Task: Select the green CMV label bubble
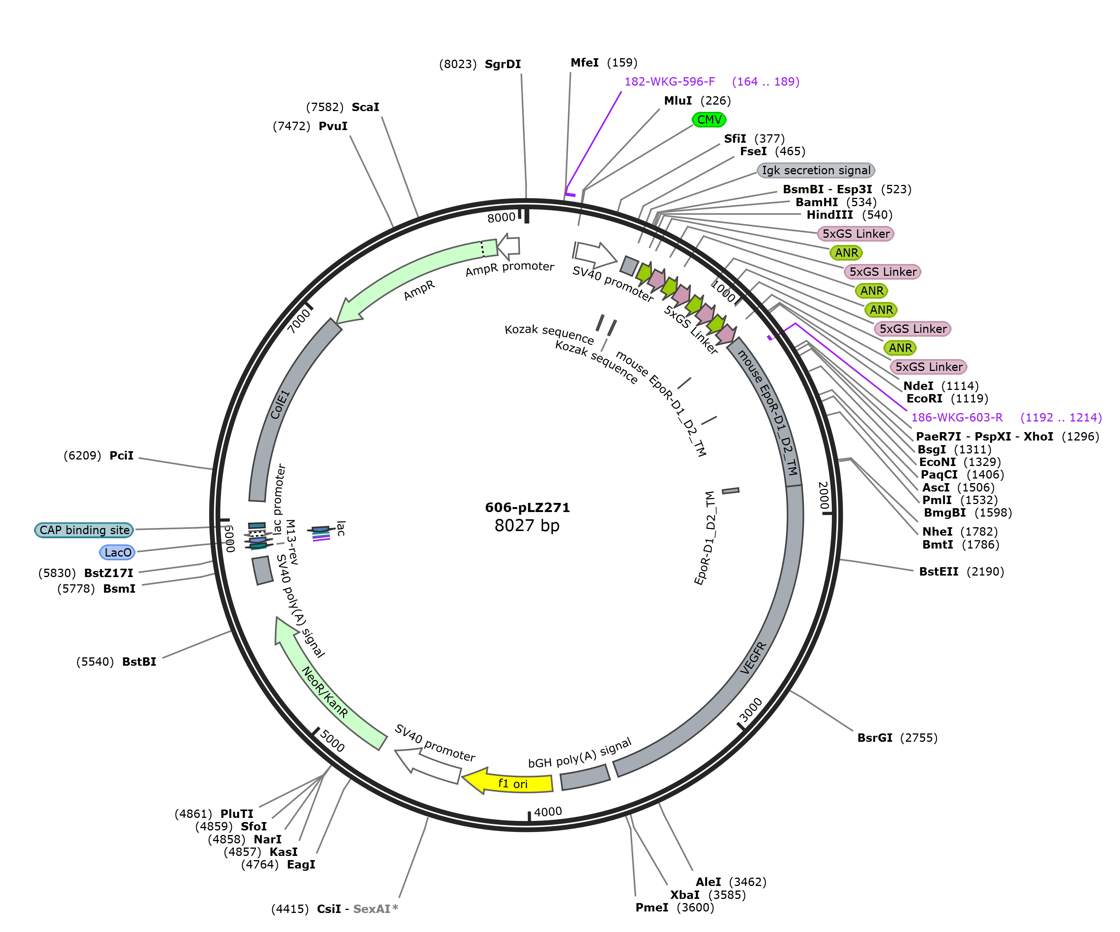[709, 119]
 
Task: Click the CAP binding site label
[84, 530]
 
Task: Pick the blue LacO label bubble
[118, 552]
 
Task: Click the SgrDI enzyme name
[502, 64]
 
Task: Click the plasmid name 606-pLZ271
[527, 507]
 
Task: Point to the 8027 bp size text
[527, 525]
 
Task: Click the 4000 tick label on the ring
[548, 811]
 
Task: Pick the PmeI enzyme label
[652, 907]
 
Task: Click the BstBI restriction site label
[116, 662]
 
